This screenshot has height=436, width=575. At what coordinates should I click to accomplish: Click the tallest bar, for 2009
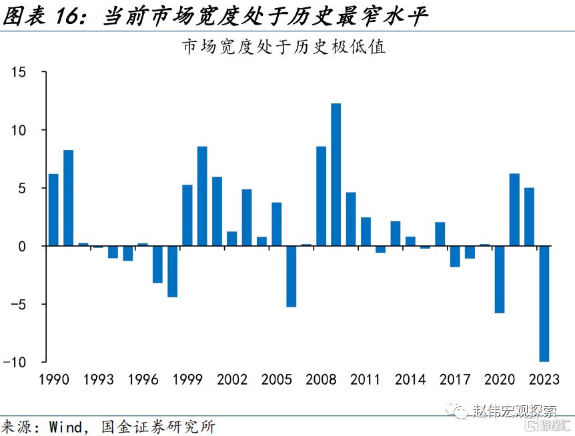point(336,175)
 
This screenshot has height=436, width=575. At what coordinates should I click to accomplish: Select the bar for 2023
point(544,304)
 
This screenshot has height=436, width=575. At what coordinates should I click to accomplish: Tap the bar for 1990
point(53,209)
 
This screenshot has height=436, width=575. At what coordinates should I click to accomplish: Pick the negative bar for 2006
point(291,276)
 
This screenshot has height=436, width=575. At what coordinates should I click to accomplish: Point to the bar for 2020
point(500,279)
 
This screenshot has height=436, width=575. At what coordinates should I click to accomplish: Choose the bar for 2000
point(202,196)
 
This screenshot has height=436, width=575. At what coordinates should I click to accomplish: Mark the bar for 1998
point(172,271)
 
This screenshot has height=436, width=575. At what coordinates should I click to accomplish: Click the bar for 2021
point(514,209)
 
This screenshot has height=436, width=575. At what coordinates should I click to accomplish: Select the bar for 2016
point(440,234)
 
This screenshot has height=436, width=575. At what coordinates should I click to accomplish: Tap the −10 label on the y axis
point(15,363)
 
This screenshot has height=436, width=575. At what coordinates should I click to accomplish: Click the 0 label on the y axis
point(22,246)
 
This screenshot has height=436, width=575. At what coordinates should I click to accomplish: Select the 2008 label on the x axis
point(321,379)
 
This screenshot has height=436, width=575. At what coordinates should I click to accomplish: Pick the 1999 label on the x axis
point(187,379)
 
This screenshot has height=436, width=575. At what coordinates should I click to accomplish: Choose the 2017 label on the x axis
point(455,379)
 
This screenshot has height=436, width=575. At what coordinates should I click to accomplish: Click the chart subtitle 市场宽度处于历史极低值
point(284,47)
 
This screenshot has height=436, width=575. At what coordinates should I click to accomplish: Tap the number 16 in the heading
point(67,17)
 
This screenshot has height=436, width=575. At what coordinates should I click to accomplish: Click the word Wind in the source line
point(65,427)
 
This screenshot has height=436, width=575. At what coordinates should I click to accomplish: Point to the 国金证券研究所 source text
point(158,427)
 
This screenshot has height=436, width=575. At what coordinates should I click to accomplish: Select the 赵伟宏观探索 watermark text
point(514,411)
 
